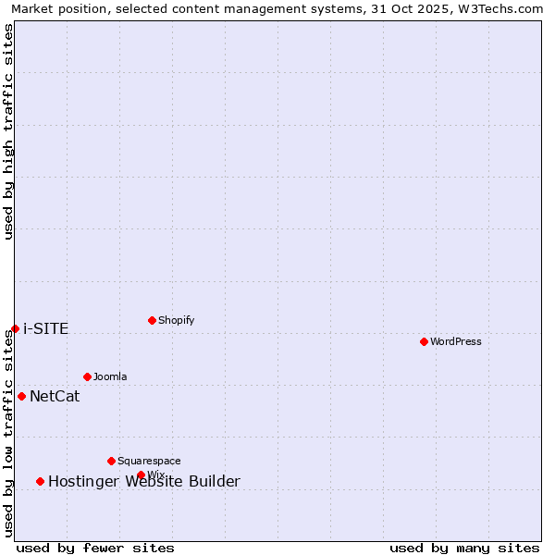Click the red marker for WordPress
click(x=424, y=341)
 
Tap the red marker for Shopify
click(x=152, y=320)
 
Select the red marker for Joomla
click(x=87, y=376)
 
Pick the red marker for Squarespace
click(x=111, y=461)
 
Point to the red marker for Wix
click(x=141, y=475)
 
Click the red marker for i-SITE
click(x=15, y=328)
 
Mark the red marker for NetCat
click(x=21, y=396)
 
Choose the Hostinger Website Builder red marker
click(x=40, y=481)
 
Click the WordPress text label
click(x=456, y=341)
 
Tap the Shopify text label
click(x=177, y=320)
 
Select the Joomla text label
click(x=110, y=376)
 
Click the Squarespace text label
click(x=149, y=461)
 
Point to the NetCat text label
click(x=55, y=397)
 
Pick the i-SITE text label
click(x=46, y=329)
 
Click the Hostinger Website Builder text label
click(x=144, y=481)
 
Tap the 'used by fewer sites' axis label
click(x=95, y=548)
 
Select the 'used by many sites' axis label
click(x=464, y=548)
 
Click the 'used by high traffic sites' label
click(x=8, y=131)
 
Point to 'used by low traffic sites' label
click(x=8, y=433)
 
